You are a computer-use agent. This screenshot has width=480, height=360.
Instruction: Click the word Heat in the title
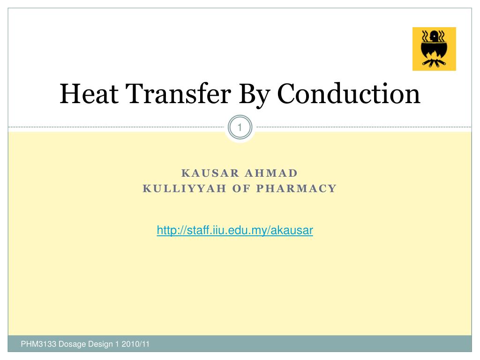point(89,94)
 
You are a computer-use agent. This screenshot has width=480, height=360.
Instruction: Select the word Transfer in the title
point(178,93)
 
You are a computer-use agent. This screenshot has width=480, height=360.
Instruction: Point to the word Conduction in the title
point(349,94)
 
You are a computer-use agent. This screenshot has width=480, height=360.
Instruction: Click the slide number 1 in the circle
point(240,127)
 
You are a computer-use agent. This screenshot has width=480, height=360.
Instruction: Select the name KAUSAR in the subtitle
point(210,173)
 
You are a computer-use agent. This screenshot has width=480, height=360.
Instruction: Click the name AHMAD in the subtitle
point(271,173)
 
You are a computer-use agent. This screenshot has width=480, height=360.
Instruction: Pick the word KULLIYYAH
point(185,188)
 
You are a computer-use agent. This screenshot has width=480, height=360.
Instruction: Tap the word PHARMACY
point(296,188)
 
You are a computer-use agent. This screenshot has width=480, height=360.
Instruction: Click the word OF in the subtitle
point(241,188)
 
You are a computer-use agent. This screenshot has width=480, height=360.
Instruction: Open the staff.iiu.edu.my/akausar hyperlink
point(235,230)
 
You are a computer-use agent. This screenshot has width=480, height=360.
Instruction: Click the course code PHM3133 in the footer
point(38,344)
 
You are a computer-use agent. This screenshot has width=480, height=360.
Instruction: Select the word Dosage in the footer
point(72,345)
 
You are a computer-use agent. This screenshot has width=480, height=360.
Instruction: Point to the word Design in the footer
point(100,345)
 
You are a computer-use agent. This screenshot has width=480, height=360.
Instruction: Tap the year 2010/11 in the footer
point(135,344)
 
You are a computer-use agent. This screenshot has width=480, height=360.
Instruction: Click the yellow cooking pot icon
point(434,49)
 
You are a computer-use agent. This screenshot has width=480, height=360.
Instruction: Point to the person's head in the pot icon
point(434,36)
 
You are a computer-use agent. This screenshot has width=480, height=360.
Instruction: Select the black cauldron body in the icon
point(434,49)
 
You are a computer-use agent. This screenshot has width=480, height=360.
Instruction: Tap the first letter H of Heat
point(68,94)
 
